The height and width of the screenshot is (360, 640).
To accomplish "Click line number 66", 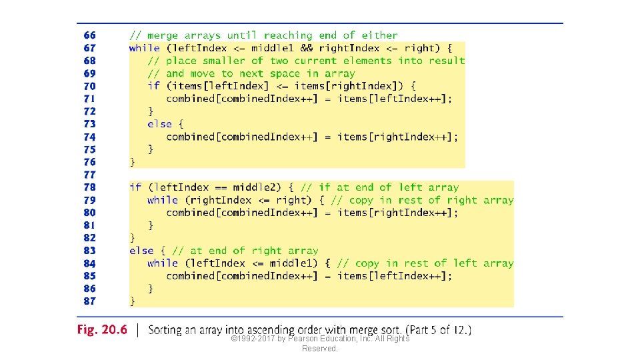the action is point(89,35).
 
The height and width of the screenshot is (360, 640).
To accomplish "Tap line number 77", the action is point(89,175).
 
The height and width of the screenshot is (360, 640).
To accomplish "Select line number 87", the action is point(89,301).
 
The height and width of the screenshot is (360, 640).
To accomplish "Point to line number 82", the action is point(89,238).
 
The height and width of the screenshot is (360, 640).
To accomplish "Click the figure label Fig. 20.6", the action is point(101,331).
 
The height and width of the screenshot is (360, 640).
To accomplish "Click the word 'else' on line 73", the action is point(160,124).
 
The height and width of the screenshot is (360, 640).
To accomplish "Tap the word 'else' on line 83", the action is point(141,251).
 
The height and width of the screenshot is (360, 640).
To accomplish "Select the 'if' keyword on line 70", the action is point(154,86).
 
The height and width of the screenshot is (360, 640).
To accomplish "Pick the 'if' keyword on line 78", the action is point(135,187).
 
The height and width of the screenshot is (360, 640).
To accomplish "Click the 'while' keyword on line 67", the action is point(145,48).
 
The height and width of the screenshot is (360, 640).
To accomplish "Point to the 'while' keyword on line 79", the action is point(163,200).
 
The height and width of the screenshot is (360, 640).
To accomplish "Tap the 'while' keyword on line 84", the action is point(163,263).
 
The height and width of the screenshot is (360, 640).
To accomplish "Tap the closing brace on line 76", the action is point(132,162).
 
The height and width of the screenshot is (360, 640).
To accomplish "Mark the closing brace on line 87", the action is point(132,301).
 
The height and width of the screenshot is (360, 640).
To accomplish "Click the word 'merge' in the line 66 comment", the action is point(163,35).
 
